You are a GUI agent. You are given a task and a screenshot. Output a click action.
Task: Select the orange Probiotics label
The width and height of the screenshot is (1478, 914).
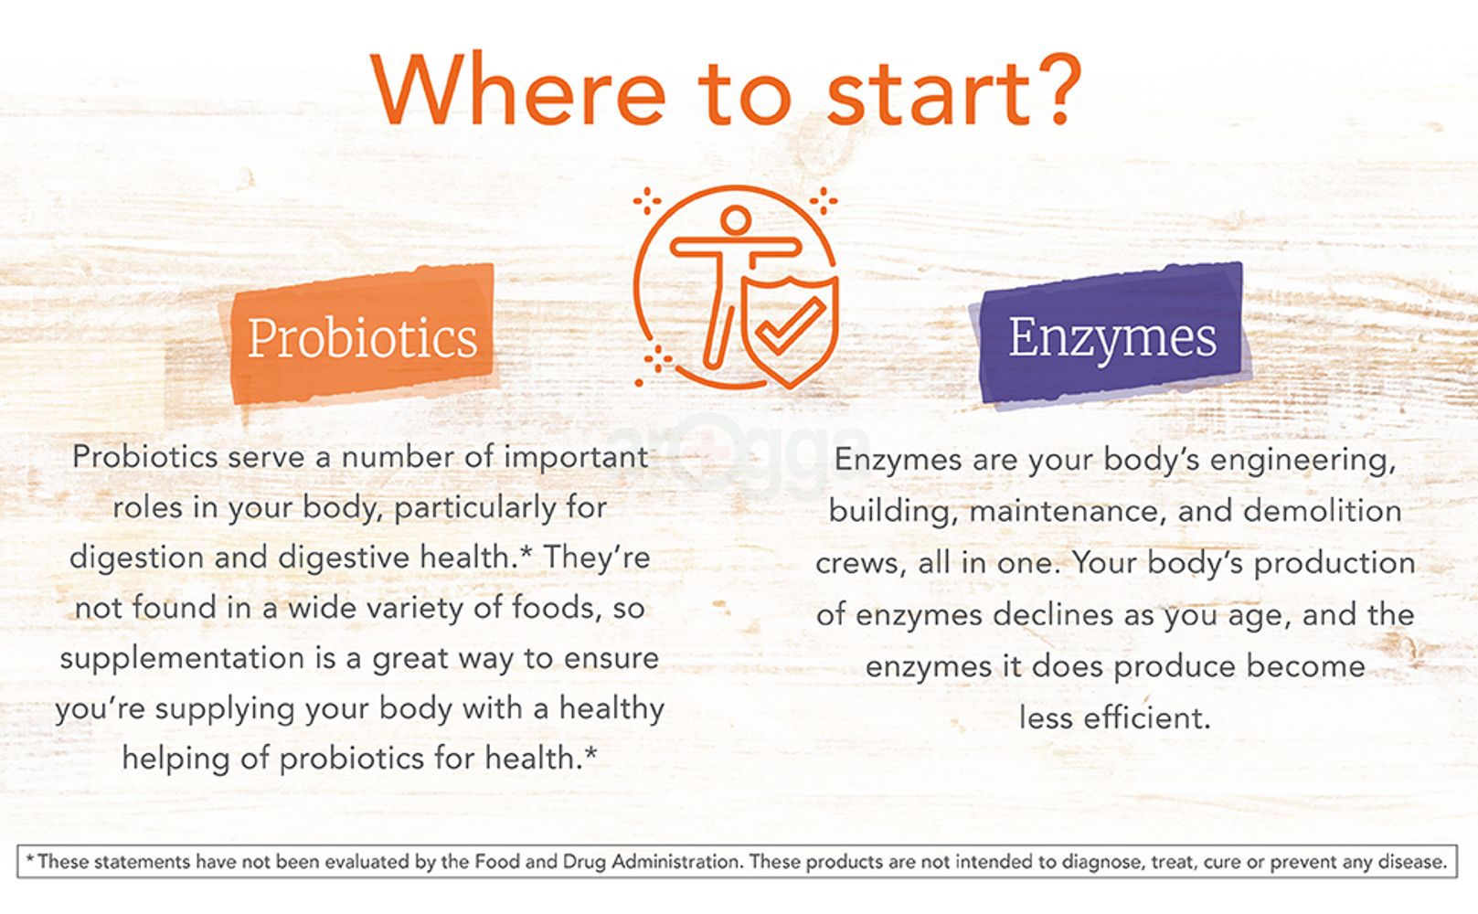point(362,336)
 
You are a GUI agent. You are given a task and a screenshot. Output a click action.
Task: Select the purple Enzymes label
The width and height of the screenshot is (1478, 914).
point(1111,336)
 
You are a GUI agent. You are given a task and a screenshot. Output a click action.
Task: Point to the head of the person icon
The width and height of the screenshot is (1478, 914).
point(735,220)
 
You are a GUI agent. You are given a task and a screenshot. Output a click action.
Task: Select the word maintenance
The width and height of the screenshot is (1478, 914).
point(1067,510)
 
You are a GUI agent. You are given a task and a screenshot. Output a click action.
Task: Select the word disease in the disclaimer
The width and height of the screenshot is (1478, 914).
point(1414,861)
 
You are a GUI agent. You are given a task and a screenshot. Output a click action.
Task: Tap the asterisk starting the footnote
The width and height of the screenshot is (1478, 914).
point(30,859)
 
